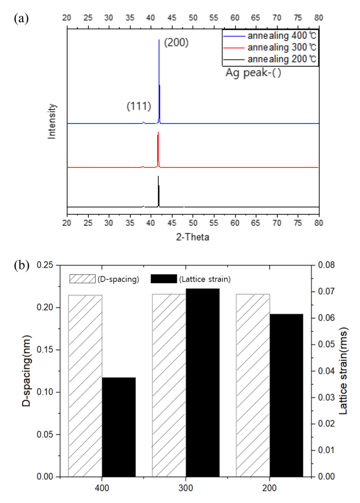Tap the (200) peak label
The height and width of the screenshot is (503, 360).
(176, 42)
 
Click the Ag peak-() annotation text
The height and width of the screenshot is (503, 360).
(253, 72)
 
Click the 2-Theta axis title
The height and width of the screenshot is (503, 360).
(193, 237)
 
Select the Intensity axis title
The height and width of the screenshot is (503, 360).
(53, 120)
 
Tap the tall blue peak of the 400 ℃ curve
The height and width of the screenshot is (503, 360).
(159, 83)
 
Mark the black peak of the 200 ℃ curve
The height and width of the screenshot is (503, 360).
(158, 190)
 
